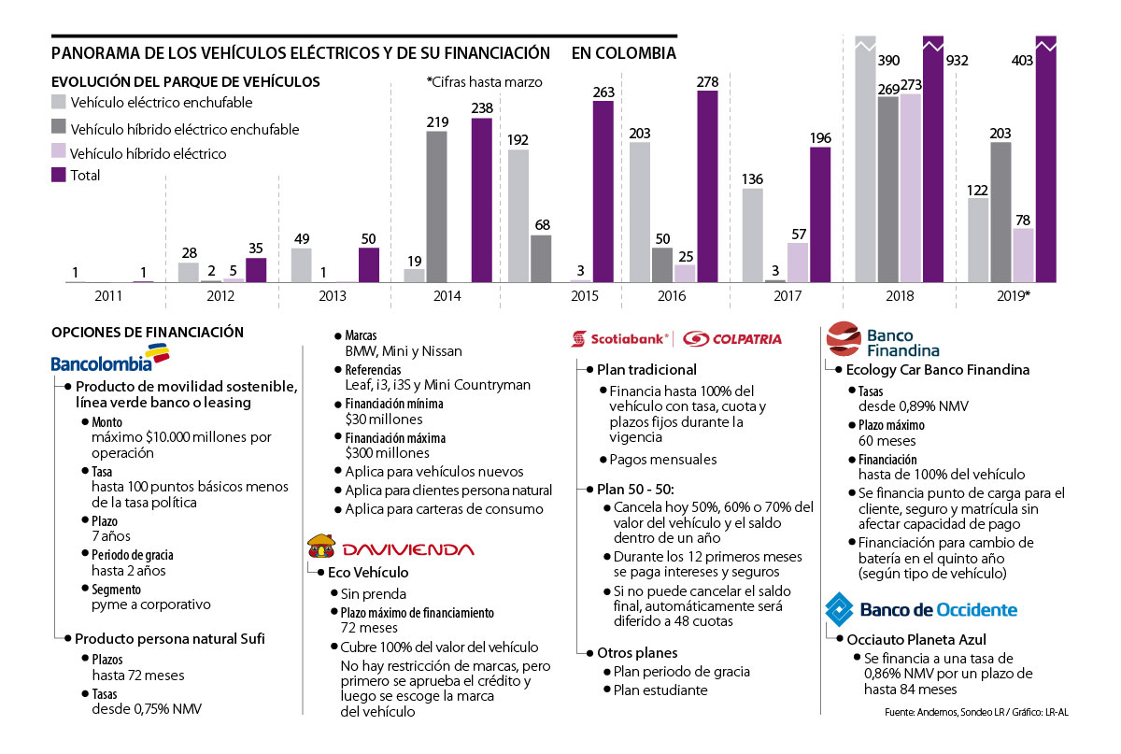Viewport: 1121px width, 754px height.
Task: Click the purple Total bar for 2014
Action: click(x=481, y=200)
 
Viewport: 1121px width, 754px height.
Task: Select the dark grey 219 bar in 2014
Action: click(x=437, y=206)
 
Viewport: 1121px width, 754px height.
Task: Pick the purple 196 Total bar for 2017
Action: click(x=820, y=214)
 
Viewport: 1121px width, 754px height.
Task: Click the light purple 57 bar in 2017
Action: click(x=798, y=263)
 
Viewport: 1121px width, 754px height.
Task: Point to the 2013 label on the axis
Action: click(x=334, y=295)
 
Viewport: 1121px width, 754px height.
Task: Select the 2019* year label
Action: click(x=1013, y=295)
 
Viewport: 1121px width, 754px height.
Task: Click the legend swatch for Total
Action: click(x=59, y=175)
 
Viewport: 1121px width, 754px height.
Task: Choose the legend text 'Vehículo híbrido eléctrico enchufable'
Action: click(x=185, y=129)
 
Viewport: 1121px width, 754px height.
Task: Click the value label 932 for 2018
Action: click(x=957, y=61)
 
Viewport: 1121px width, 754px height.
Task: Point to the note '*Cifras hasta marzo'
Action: click(x=484, y=81)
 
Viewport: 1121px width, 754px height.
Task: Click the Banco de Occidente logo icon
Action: click(x=838, y=609)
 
